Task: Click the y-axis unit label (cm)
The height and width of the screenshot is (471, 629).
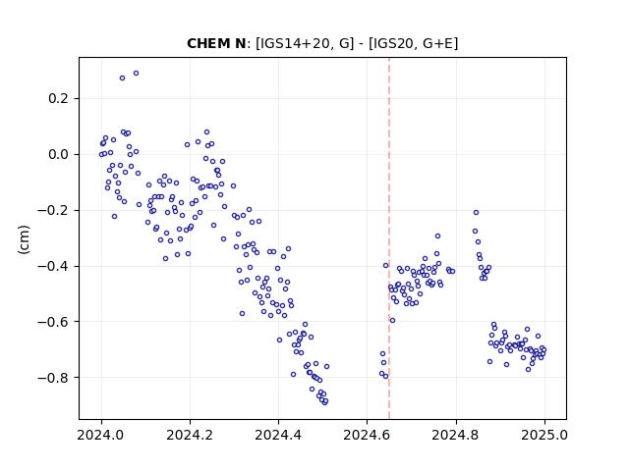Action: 24,239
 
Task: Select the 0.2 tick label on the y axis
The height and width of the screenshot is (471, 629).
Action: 58,98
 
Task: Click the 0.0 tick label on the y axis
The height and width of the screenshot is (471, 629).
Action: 58,154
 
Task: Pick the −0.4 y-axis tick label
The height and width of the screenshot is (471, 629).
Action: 53,266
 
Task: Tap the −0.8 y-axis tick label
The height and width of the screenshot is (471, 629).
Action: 53,377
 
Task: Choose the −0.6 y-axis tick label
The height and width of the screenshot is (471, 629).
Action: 53,322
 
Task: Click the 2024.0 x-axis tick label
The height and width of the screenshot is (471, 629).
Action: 101,435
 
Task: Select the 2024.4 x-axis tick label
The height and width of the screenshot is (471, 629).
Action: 278,435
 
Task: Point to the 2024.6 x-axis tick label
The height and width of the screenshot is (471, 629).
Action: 367,435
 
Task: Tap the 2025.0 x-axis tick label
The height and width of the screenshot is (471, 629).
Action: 544,435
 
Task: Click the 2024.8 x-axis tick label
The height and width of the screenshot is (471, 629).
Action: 456,435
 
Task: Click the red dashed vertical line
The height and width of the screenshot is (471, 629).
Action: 389,238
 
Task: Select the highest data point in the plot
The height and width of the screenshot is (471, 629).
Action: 136,74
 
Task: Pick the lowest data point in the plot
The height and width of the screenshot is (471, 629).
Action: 325,402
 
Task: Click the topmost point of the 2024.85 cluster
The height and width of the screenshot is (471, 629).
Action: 476,212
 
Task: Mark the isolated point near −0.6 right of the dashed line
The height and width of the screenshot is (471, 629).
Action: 392,321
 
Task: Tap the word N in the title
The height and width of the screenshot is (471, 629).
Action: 240,43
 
